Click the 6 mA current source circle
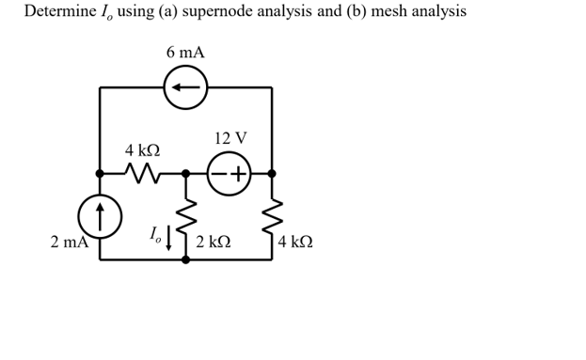(185, 87)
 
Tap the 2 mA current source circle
(100, 216)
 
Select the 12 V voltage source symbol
(229, 174)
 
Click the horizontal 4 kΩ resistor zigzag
(143, 174)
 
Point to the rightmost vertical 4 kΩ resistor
(272, 217)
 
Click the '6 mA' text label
(185, 53)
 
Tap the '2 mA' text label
(69, 243)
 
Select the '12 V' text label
(230, 139)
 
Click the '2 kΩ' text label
(214, 243)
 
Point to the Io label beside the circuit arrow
(155, 234)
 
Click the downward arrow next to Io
(169, 237)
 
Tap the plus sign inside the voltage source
(239, 174)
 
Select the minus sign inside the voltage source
(218, 174)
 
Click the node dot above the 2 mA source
(100, 174)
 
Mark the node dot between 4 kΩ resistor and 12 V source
(185, 174)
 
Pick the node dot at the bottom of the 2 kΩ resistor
(185, 259)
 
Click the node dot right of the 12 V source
(272, 174)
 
